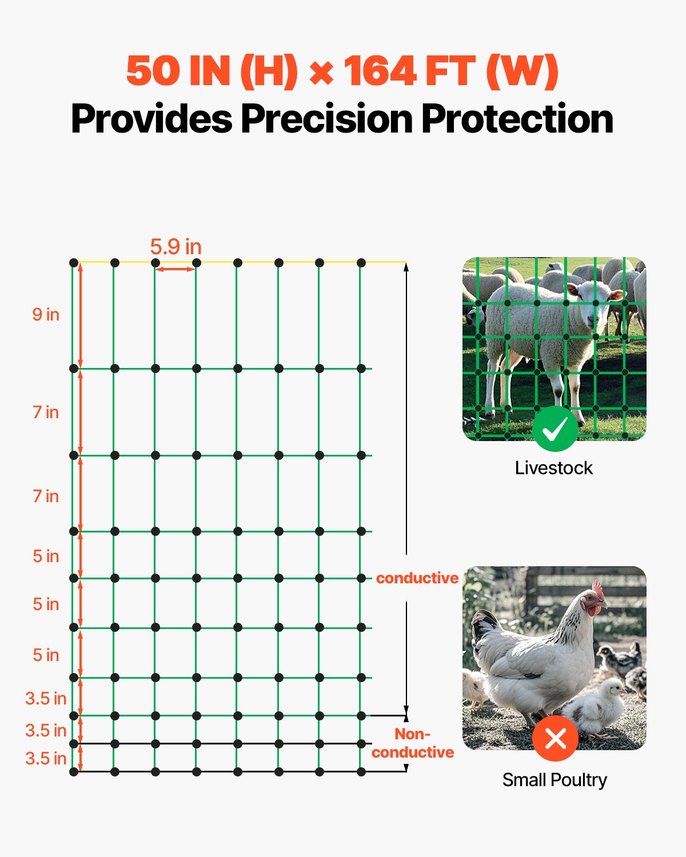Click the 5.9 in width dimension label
pos(176,247)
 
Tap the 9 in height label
pos(46,314)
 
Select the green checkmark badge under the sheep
pos(554,429)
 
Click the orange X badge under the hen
pos(555,738)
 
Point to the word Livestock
pos(553,468)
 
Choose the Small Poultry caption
pos(555,780)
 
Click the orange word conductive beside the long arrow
pos(417,578)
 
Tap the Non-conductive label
pos(413,743)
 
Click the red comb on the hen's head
pos(598,590)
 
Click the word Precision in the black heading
pos(327,119)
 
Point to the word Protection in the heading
pos(517,119)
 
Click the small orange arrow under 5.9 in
pos(176,269)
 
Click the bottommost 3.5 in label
pos(46,758)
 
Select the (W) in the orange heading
pos(521,71)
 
